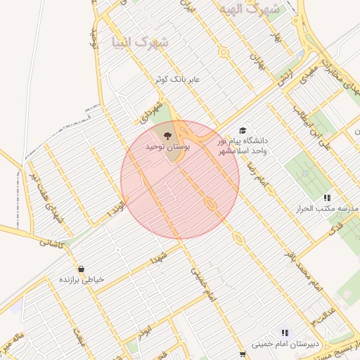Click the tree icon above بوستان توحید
[x=167, y=136]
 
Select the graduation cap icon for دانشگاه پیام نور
[x=243, y=131]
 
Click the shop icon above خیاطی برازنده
[x=82, y=269]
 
